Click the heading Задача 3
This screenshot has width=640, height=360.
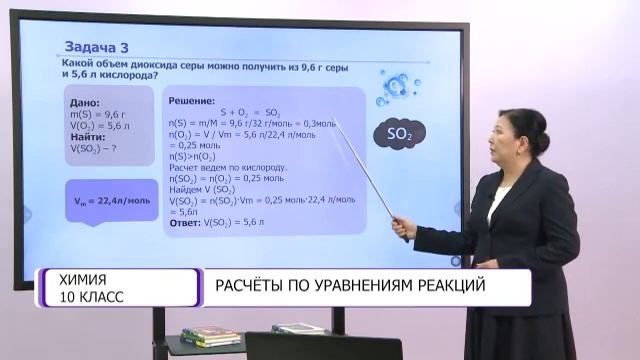[97, 46]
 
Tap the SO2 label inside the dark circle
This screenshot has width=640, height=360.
[391, 133]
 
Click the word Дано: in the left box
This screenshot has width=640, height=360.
[85, 103]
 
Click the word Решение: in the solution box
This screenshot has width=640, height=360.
[192, 101]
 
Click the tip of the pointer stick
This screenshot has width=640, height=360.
[334, 122]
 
